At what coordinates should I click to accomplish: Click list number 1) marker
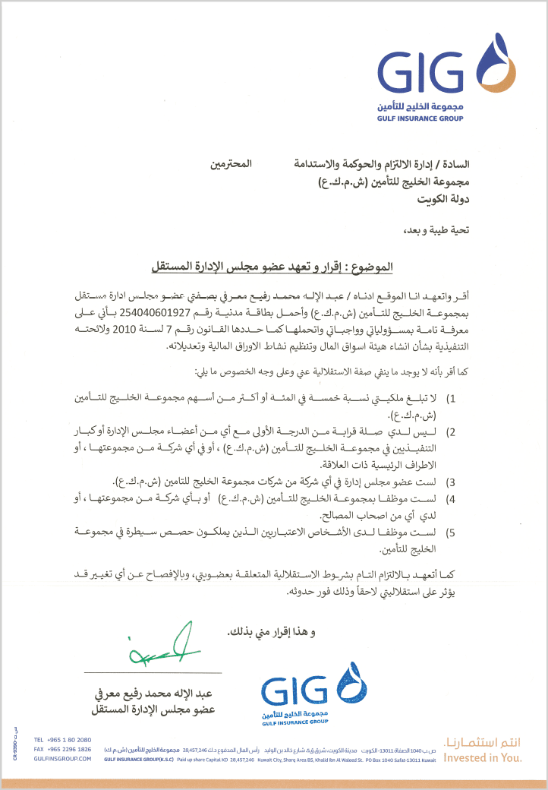coord(450,398)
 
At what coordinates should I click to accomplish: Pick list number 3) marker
coord(450,482)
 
